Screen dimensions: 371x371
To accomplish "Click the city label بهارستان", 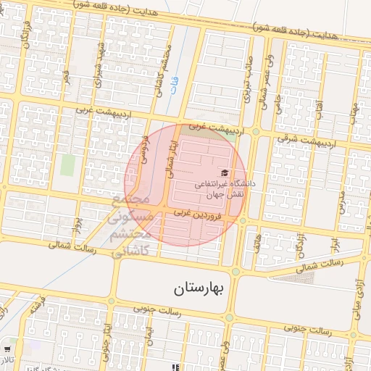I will (x=201, y=288).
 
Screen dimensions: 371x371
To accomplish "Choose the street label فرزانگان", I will (x=26, y=36).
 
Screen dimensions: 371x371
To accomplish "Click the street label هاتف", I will (x=259, y=246).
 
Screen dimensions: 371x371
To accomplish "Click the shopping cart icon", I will (x=8, y=350).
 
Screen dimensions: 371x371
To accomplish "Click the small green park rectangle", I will (x=67, y=165).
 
